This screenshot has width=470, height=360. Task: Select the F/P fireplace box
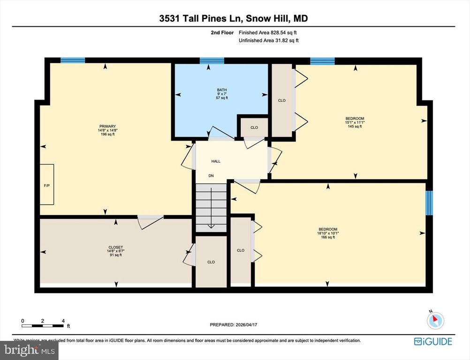(x=46, y=185)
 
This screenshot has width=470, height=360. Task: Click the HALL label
(x=216, y=161)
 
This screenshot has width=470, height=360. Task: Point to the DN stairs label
(x=211, y=176)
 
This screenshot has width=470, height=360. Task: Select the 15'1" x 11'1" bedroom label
(x=355, y=122)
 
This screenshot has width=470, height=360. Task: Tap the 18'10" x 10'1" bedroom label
(x=327, y=233)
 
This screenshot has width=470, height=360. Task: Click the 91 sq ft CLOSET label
(x=115, y=251)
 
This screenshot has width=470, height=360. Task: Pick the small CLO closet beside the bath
(x=254, y=127)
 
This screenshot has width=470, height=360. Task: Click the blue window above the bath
(x=212, y=60)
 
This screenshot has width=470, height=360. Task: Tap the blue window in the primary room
(x=73, y=60)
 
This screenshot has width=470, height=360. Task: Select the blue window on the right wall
(x=429, y=202)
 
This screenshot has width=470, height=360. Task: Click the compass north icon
(x=435, y=320)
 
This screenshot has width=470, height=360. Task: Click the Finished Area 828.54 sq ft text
(x=268, y=33)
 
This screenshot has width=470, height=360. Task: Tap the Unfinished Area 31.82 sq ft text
(x=269, y=41)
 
